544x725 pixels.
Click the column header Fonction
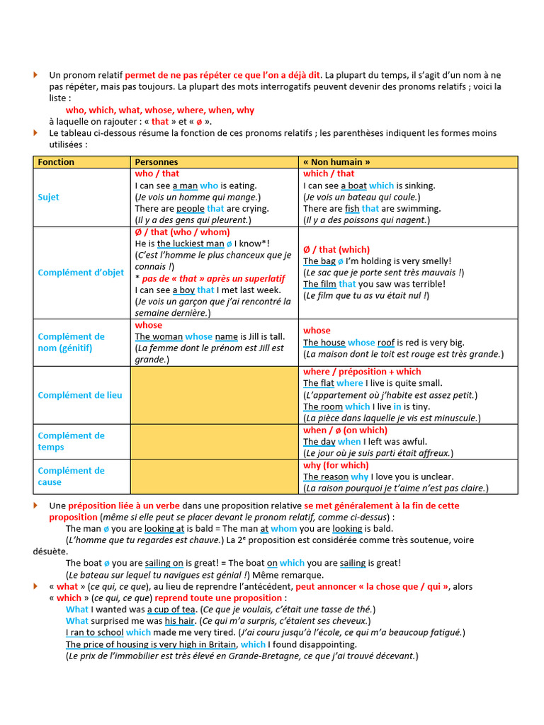56,162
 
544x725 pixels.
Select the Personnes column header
157,162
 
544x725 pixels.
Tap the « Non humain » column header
336,162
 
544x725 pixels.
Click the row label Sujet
49,198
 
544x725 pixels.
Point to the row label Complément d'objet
81,273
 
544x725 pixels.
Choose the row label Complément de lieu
80,395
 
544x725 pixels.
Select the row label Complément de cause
71,476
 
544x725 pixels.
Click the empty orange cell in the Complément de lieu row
215,395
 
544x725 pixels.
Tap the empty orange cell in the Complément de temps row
215,441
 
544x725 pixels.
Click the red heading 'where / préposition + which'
362,372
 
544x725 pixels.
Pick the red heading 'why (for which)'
336,465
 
